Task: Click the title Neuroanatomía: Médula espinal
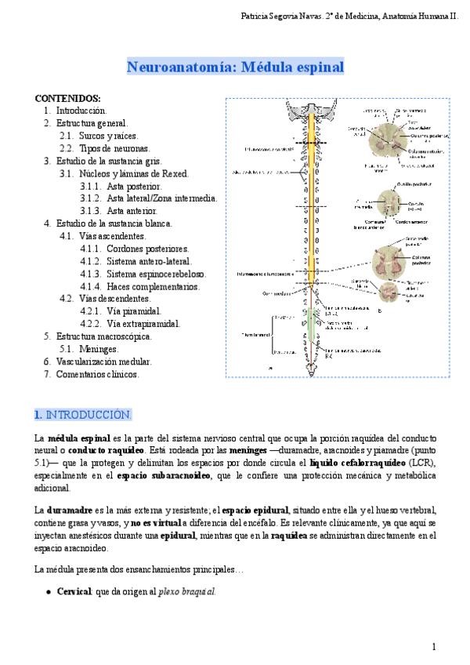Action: click(x=235, y=67)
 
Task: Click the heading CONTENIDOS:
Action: click(x=67, y=99)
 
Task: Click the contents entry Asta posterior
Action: click(x=135, y=186)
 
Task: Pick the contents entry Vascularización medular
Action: click(x=104, y=362)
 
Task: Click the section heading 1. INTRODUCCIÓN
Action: click(x=84, y=413)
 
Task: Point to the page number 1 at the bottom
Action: click(x=433, y=646)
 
